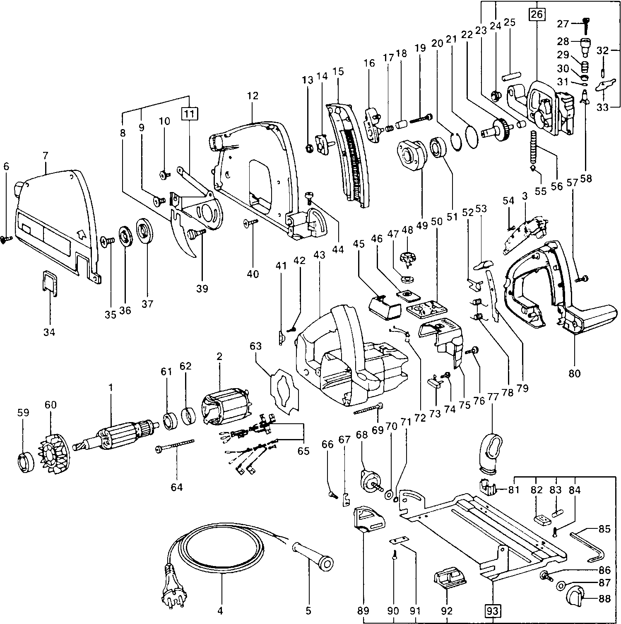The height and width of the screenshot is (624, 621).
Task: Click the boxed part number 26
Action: (x=537, y=14)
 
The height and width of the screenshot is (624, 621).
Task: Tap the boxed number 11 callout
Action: (x=189, y=113)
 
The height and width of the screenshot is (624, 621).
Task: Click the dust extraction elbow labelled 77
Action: (x=492, y=451)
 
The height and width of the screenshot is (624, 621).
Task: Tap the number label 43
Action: (x=319, y=256)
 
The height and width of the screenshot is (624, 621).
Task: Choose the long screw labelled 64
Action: (x=174, y=446)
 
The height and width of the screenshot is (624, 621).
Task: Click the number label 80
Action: (x=575, y=373)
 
